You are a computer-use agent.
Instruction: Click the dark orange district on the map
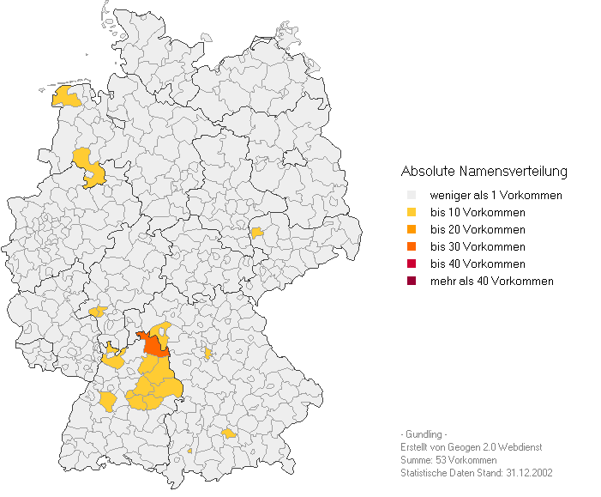click(x=154, y=344)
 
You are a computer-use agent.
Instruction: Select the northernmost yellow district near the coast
click(x=66, y=96)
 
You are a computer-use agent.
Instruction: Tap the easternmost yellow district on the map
click(x=256, y=232)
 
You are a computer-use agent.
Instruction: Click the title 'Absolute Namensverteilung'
click(x=484, y=171)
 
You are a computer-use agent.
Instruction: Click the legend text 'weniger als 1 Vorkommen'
click(x=496, y=196)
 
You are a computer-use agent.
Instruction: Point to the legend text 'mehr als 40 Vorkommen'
click(x=491, y=282)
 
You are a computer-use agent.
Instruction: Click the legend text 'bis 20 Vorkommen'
click(x=478, y=230)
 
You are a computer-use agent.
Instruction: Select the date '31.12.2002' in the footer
click(x=529, y=473)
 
